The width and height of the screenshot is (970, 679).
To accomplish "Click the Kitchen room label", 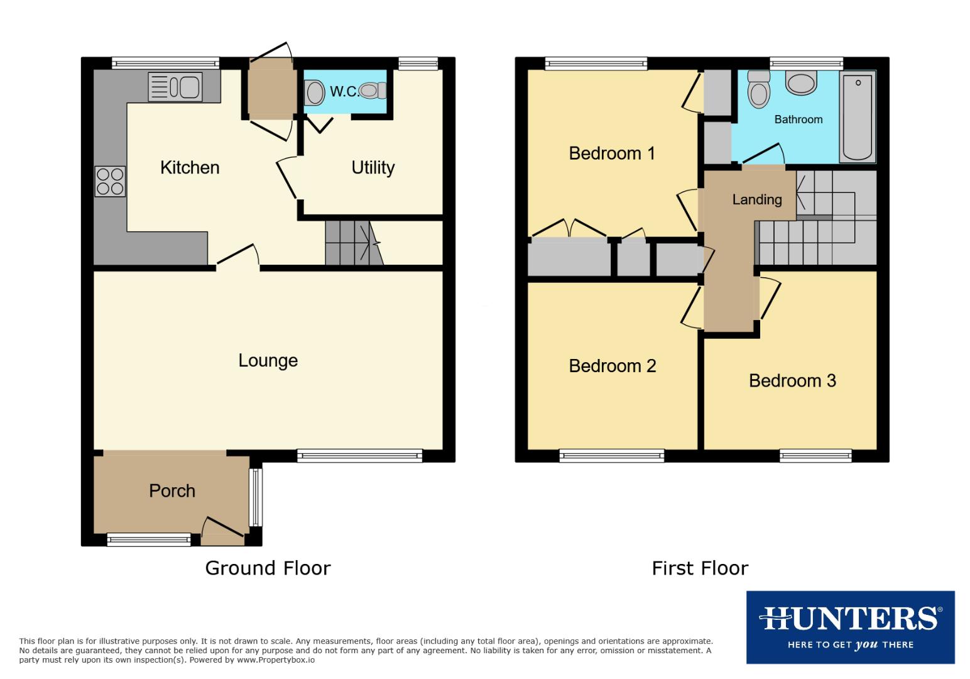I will tap(190, 168).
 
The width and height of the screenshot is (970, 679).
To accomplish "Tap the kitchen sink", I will tap(175, 87).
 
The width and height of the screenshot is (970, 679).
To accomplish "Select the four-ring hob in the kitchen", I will tap(110, 181).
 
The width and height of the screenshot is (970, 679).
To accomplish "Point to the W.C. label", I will tap(344, 92).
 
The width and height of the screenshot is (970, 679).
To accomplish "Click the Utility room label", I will tap(373, 168).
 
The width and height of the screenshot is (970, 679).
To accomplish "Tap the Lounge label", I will tap(268, 361).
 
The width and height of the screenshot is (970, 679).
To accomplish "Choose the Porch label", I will tap(172, 491).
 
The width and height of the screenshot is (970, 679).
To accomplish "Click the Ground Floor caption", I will tap(268, 568).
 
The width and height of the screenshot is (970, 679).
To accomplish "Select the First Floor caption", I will tap(700, 568).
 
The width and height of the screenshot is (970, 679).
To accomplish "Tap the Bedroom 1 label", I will tap(612, 153).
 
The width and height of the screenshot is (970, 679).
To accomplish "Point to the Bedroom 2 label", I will tap(613, 366).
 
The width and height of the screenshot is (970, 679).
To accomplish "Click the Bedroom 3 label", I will tap(792, 381).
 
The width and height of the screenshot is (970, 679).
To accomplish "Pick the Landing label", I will tap(757, 200).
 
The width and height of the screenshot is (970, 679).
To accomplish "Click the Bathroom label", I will tap(798, 119).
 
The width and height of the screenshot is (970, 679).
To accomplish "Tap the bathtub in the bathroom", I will tap(857, 118).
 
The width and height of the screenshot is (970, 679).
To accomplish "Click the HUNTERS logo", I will tap(850, 627).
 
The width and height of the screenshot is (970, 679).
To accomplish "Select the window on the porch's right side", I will tap(256, 497).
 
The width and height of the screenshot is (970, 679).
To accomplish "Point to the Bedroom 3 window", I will tap(815, 456).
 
